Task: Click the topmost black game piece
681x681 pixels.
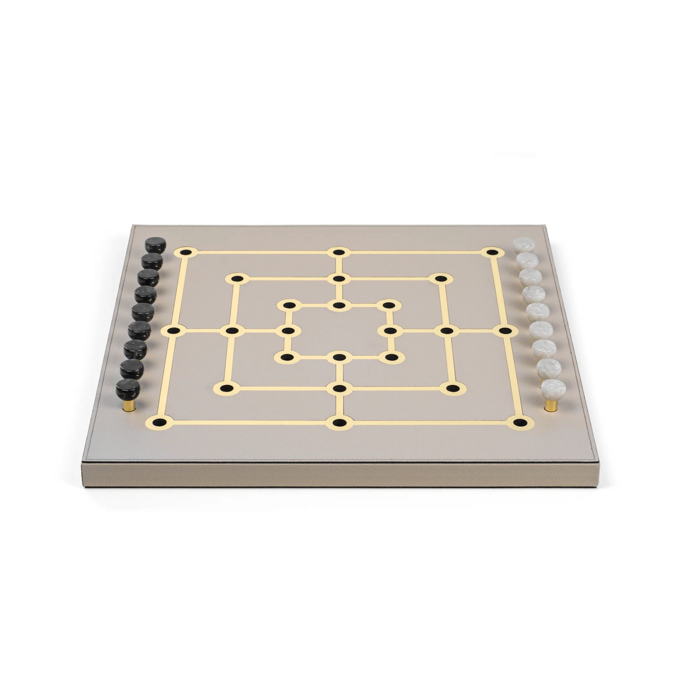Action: coord(155,245)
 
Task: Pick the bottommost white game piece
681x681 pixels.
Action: coord(553,389)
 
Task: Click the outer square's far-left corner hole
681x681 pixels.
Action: coord(186,252)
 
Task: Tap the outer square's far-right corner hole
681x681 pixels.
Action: coord(492,252)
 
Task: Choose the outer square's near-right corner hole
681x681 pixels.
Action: coord(520,422)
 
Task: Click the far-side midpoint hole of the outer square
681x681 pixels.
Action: coord(339,252)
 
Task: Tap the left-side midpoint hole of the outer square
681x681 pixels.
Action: coord(174,331)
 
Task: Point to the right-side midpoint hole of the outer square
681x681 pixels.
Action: coord(504,330)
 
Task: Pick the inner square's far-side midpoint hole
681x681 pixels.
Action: coord(339,305)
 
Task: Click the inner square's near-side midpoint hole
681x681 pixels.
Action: coord(339,357)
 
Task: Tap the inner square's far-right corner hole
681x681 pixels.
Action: coord(388,305)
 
